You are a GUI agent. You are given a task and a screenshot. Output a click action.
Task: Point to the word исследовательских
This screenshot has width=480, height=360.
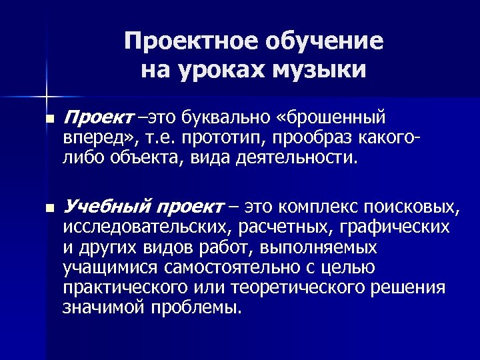(146, 227)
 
